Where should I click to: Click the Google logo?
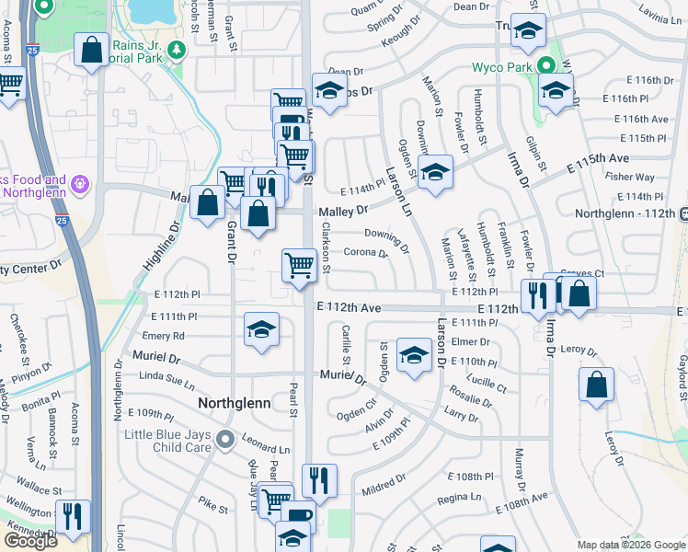30,541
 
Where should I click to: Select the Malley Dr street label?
343,212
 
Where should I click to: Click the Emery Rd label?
163,336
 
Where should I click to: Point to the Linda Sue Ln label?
167,377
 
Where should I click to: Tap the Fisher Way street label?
630,177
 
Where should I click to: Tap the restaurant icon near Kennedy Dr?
72,516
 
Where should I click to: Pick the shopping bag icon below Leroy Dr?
596,384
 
